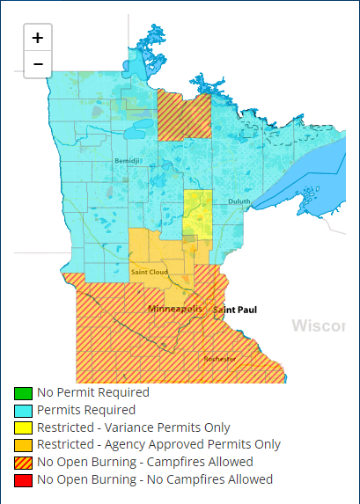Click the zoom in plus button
pos(38,38)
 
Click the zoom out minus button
pos(38,64)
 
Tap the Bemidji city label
pos(127,161)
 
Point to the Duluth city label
pos(239,201)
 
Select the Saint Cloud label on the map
pos(149,272)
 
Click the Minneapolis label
pos(174,310)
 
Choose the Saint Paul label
pos(235,310)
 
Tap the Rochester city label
pos(220,359)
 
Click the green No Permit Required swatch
pos(23,393)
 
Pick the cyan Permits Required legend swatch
pos(23,411)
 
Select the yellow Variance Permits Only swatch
pos(23,428)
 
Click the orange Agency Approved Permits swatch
pos(23,445)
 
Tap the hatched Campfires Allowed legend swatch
pos(23,463)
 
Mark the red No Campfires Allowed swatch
pos(23,480)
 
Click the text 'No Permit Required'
pos(93,393)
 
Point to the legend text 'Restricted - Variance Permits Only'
pos(134,427)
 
